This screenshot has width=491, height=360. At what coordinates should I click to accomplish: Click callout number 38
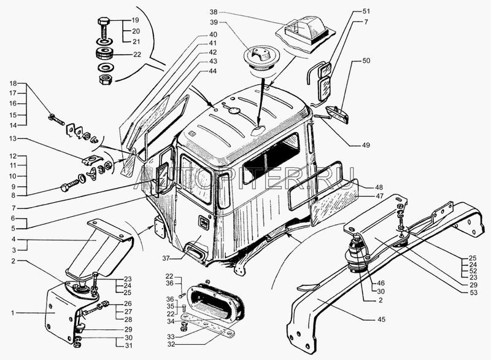pos(213,12)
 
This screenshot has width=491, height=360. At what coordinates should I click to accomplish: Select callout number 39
pos(213,23)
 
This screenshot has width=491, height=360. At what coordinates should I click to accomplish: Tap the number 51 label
pos(366,12)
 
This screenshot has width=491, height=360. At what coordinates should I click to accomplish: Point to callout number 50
pos(366,62)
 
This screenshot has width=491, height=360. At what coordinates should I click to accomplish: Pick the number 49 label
pos(366,145)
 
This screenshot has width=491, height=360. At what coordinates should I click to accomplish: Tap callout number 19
pos(136,20)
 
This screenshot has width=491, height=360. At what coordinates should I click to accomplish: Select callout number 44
pos(212,72)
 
